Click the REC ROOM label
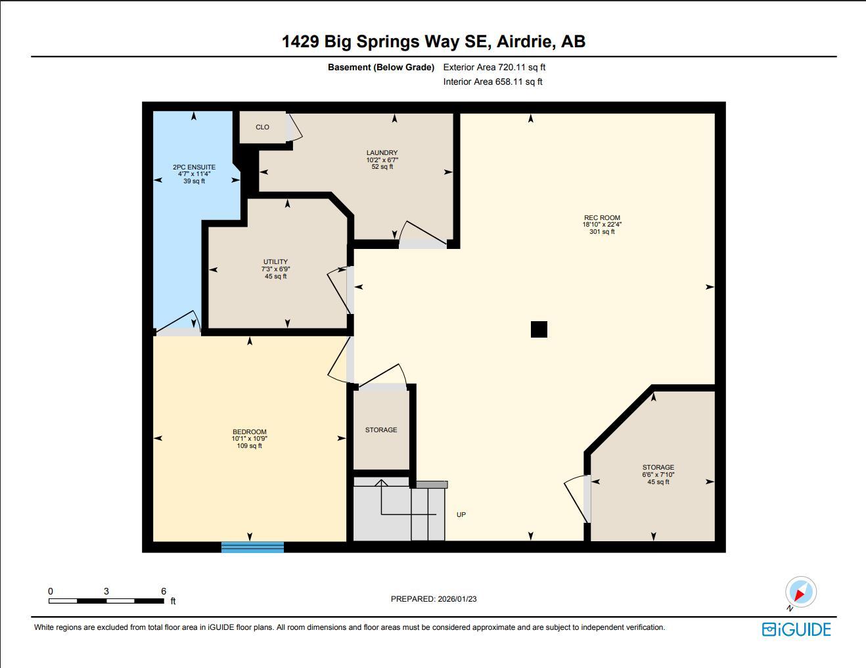602,218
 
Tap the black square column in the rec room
539,329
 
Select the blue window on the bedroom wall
252,546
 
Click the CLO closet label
262,127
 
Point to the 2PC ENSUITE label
194,167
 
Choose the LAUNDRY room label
382,153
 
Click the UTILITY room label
275,262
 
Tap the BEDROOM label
249,432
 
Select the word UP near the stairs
461,515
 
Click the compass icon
800,592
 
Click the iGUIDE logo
796,629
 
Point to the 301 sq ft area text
602,232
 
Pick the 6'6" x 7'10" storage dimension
658,475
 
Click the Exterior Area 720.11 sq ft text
494,67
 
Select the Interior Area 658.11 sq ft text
493,82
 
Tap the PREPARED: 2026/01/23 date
434,599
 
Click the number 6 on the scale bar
164,591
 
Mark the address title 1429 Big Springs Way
434,41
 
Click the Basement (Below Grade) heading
381,67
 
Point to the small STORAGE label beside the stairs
381,430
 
